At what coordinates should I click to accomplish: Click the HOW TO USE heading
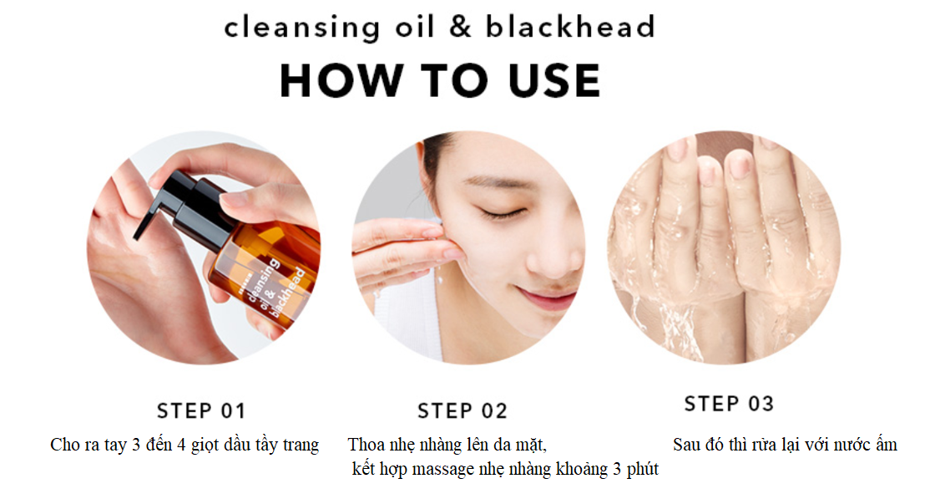point(440,80)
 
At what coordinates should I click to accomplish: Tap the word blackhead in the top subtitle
point(570,27)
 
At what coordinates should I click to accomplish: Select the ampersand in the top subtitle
point(460,27)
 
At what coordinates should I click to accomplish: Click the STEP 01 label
point(200,410)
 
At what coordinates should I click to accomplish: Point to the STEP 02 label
point(462,410)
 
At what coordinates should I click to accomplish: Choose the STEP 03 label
point(729,404)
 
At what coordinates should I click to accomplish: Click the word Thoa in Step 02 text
point(366,444)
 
